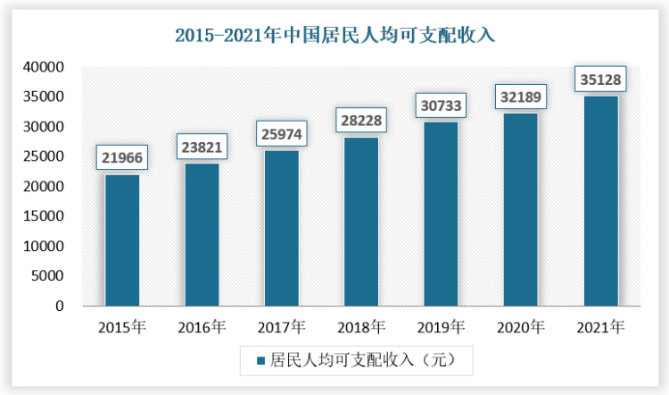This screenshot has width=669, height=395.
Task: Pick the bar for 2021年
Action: click(600, 200)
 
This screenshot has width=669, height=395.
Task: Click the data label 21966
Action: click(122, 158)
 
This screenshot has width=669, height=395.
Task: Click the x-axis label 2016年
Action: click(202, 327)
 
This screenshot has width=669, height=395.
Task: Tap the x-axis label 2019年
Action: click(441, 327)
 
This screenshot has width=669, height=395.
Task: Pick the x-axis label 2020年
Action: click(520, 327)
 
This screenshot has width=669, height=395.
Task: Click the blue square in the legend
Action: click(260, 361)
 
